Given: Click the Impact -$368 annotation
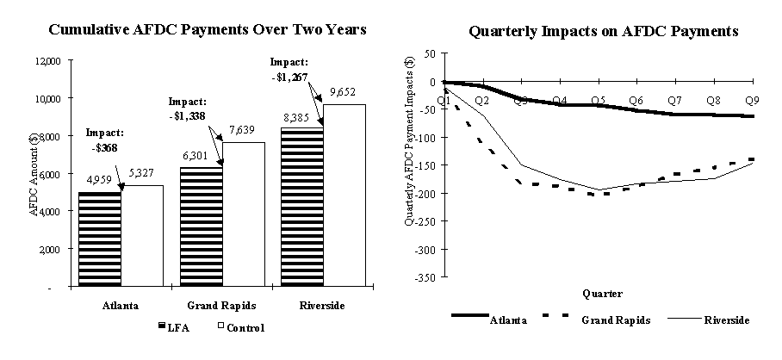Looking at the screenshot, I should [x=104, y=140].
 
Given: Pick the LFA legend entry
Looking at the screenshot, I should [x=177, y=328].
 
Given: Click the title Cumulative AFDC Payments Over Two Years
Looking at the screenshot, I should [x=208, y=29].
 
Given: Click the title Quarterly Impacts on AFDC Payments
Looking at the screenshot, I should [x=603, y=32].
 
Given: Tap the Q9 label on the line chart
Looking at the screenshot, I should [x=751, y=101].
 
